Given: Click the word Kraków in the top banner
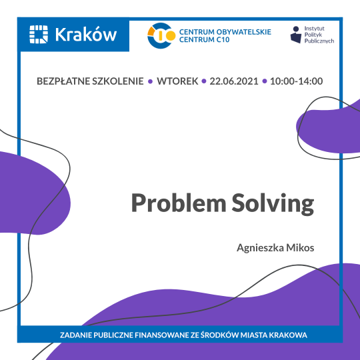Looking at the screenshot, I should (87, 33).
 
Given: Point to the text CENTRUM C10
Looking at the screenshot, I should (203, 41).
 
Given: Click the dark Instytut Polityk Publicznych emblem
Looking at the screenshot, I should (295, 35).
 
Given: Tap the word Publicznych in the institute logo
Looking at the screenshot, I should (321, 41).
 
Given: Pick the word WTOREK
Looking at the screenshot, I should (177, 81).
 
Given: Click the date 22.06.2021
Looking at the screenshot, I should (234, 81).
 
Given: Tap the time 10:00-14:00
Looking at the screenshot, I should (297, 81).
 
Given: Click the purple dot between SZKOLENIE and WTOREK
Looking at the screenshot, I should (151, 82).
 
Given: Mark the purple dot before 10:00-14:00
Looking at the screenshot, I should (265, 82).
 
